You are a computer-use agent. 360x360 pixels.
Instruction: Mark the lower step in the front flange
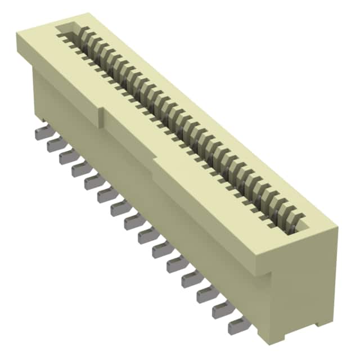pyautogui.click(x=154, y=163)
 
